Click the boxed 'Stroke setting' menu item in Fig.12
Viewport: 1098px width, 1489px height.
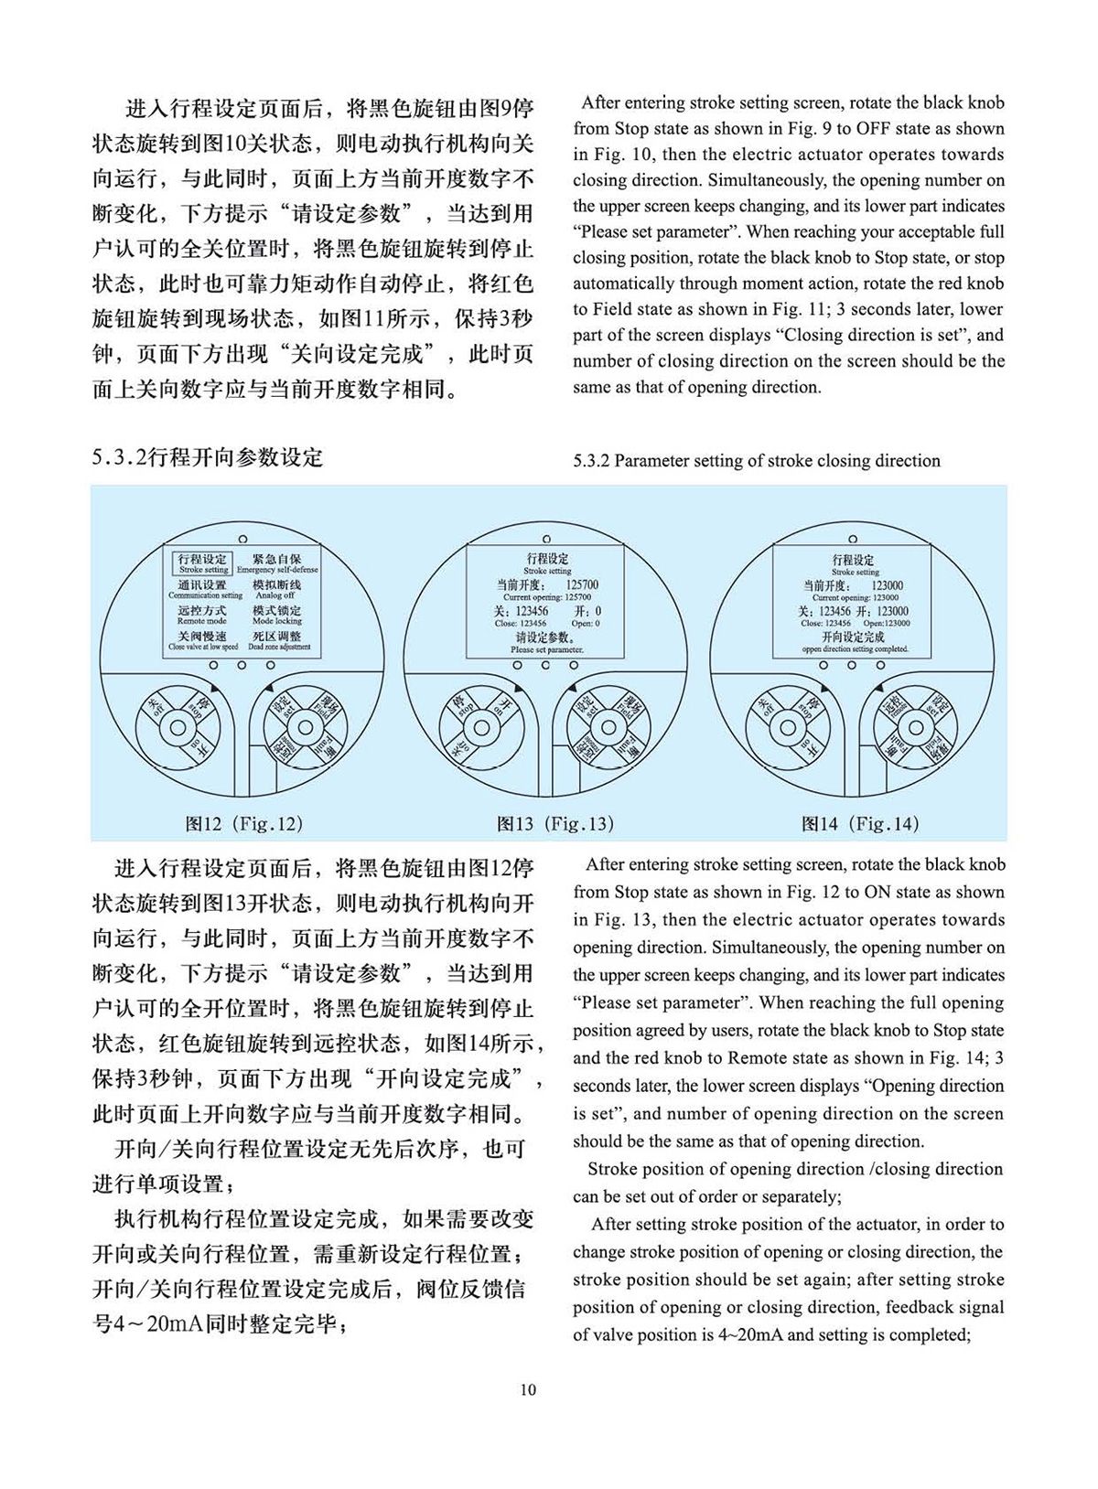pos(203,562)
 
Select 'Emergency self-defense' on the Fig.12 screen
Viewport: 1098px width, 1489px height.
pos(276,563)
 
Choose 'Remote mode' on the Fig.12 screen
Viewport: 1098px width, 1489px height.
pos(202,615)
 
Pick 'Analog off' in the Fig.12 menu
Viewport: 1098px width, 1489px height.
pos(275,589)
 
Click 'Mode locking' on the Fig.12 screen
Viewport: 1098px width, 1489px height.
pos(276,615)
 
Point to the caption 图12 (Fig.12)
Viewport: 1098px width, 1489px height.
pos(243,823)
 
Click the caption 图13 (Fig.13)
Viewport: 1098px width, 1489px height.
pos(555,823)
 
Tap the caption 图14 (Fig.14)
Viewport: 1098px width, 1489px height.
pos(859,823)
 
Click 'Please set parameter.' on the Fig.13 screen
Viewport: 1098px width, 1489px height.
pos(546,642)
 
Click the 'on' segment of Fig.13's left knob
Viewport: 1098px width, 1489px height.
pos(501,707)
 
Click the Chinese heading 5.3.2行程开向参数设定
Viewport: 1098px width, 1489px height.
pos(208,457)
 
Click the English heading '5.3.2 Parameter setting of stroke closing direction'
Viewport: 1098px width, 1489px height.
pos(757,460)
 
